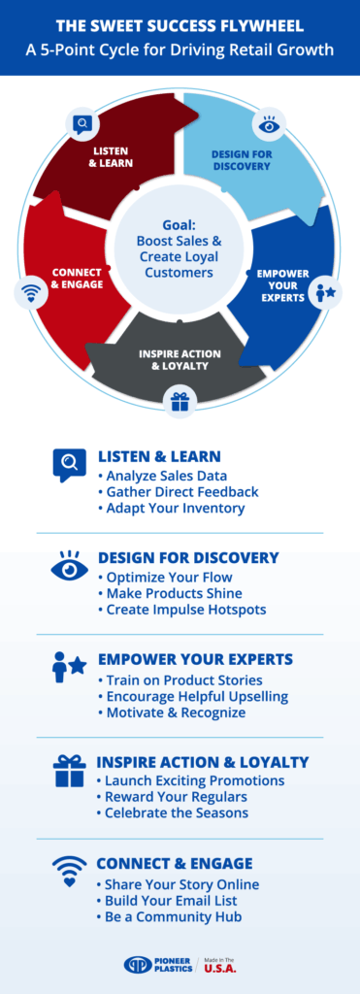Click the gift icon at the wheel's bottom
pos(180,402)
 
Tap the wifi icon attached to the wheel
pos(31,292)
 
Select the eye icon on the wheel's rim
pos(268,124)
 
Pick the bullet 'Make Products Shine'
pos(170,593)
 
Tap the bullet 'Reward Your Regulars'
pos(172,797)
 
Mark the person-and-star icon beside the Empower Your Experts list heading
pos(69,668)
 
